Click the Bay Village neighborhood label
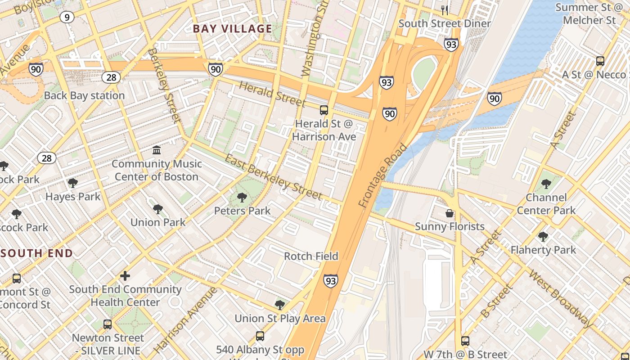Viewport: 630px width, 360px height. [232, 29]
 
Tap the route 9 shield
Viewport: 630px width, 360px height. [67, 17]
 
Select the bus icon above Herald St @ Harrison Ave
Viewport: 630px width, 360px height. [324, 110]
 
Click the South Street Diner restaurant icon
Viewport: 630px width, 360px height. [445, 10]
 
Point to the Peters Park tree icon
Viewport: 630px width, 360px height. [242, 197]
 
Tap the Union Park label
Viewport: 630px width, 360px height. [157, 222]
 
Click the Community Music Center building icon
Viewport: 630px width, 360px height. [157, 150]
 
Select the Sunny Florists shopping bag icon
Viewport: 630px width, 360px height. [449, 213]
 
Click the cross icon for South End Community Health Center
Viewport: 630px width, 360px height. [125, 275]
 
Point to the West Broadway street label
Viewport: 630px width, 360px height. [561, 298]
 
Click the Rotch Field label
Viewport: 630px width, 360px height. [311, 256]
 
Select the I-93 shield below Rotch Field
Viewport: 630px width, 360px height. [330, 281]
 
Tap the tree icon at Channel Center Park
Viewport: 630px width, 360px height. [546, 184]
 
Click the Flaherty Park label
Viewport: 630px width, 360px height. [543, 250]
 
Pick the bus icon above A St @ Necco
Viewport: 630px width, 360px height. [600, 61]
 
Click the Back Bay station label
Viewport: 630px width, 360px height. [84, 95]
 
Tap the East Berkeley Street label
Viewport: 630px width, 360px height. [273, 177]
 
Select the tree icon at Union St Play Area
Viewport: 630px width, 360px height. [279, 305]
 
